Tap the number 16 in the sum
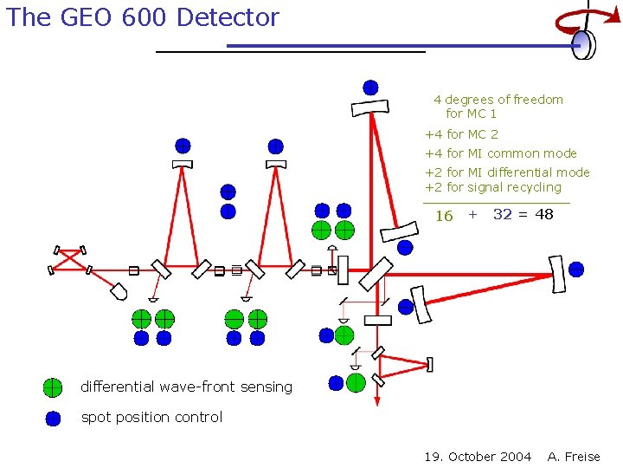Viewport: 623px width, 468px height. pyautogui.click(x=444, y=216)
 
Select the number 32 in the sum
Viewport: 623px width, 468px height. pyautogui.click(x=502, y=214)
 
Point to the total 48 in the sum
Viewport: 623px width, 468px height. pyautogui.click(x=543, y=214)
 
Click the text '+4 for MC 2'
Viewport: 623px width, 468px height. pyautogui.click(x=461, y=134)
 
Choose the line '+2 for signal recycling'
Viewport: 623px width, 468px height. pyautogui.click(x=492, y=187)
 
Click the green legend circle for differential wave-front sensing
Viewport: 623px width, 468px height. pyautogui.click(x=53, y=387)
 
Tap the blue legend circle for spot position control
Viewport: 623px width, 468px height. pyautogui.click(x=53, y=418)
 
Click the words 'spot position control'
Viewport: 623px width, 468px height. pyautogui.click(x=151, y=417)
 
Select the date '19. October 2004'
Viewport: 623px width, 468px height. pyautogui.click(x=478, y=457)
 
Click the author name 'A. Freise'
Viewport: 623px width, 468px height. pyautogui.click(x=574, y=457)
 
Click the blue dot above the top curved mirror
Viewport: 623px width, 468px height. pyautogui.click(x=370, y=87)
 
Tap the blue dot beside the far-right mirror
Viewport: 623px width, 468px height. pyautogui.click(x=576, y=269)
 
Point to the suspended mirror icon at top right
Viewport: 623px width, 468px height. pyautogui.click(x=585, y=43)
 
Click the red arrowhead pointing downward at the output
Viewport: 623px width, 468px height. pyautogui.click(x=377, y=401)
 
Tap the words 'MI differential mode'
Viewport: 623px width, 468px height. pyautogui.click(x=529, y=172)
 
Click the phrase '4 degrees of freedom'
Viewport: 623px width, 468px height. pyautogui.click(x=498, y=100)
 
